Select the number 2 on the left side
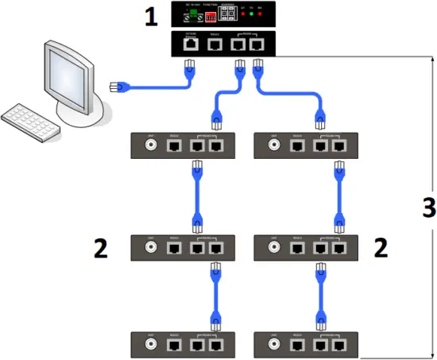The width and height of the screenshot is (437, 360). tap(100, 248)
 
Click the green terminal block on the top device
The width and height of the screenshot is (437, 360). tap(191, 15)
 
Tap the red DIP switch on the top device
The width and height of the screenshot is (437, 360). tap(209, 16)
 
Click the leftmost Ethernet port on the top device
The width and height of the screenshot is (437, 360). tap(191, 45)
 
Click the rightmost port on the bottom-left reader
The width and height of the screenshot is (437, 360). tap(215, 346)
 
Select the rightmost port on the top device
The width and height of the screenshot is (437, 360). tap(257, 45)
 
